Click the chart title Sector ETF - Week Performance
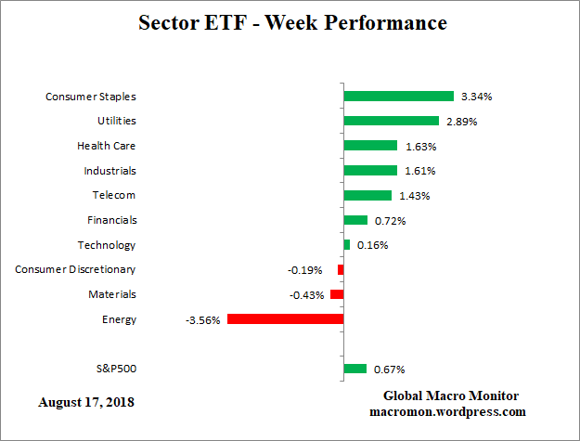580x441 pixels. point(292,22)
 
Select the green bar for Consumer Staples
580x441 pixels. point(398,96)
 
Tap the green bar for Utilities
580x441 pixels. point(391,121)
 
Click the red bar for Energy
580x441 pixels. point(285,319)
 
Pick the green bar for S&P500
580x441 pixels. point(354,369)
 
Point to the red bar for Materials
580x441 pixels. point(337,294)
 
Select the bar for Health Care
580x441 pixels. point(370,146)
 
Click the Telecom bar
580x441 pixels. point(367,195)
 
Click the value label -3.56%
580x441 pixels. point(202,320)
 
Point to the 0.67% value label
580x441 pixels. point(390,370)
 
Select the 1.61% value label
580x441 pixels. point(418,171)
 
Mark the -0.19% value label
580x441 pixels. point(305,270)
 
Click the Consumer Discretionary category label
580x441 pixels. point(75,269)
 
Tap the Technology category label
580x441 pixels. point(106,245)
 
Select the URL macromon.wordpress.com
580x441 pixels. point(448,411)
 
